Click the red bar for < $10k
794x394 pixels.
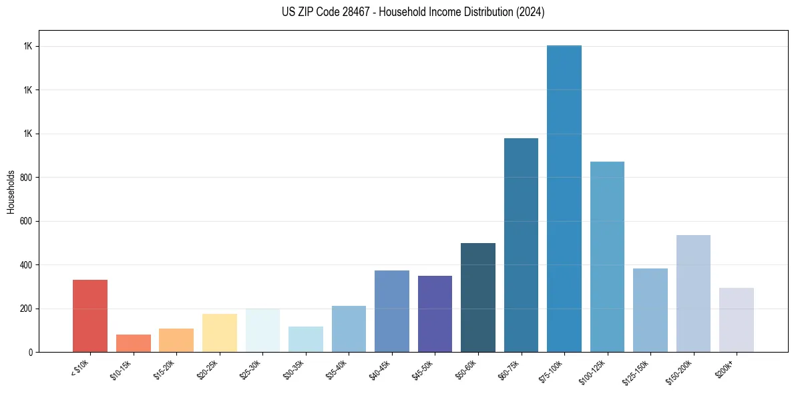tap(90, 316)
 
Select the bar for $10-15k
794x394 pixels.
tap(134, 343)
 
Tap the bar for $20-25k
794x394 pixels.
tap(220, 333)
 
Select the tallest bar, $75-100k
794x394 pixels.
tap(564, 198)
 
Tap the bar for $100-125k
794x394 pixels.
tap(607, 256)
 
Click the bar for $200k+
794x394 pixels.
tap(737, 320)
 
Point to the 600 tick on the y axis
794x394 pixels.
tap(27, 221)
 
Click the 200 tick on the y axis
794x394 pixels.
tap(27, 309)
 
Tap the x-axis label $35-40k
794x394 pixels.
tap(337, 369)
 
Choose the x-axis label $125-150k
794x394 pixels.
tap(638, 371)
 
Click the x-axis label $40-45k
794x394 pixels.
tap(380, 369)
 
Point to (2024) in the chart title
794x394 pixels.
tap(531, 12)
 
